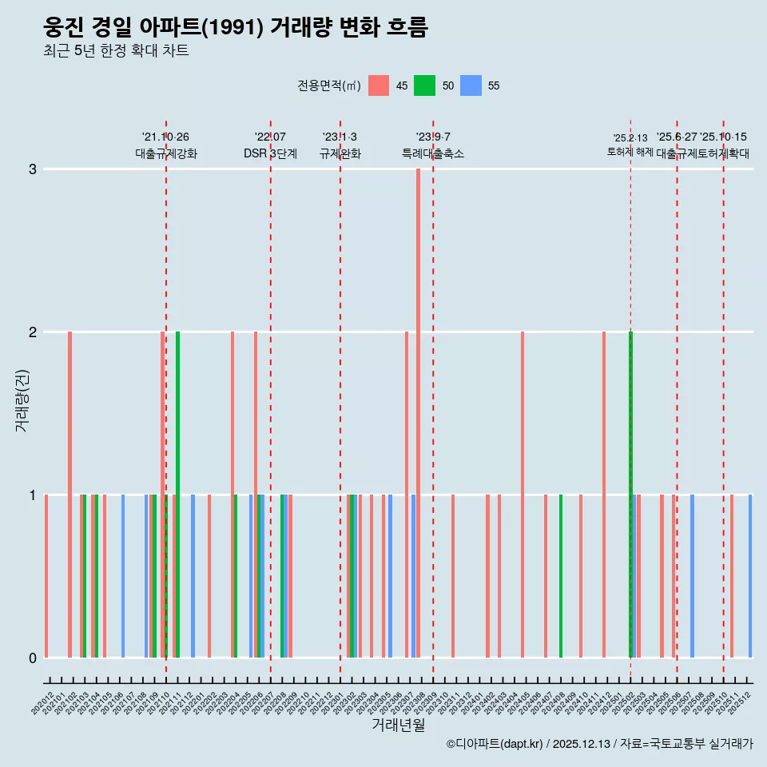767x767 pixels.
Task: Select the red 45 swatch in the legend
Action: [379, 85]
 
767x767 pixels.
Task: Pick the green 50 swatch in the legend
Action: [424, 85]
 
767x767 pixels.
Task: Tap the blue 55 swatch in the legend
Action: [471, 85]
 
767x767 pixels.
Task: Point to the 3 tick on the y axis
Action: [33, 169]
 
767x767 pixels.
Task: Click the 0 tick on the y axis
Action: [33, 658]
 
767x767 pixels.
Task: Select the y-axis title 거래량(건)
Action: [22, 399]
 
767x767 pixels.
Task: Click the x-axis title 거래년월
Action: [398, 725]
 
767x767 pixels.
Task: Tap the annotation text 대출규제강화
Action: [166, 153]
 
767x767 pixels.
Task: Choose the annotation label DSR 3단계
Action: [270, 153]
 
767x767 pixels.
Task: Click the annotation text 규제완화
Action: [340, 153]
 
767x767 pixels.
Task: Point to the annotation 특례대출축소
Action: [432, 153]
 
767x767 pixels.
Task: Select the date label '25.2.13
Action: [630, 138]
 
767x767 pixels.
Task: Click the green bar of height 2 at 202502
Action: [630, 495]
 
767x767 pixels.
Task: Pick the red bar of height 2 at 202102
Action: [70, 495]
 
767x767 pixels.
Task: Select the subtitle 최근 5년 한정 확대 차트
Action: [116, 51]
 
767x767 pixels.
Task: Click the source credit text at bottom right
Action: [599, 744]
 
